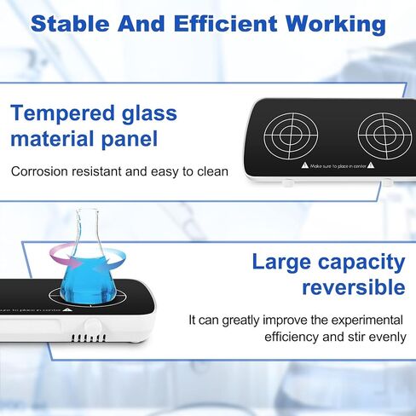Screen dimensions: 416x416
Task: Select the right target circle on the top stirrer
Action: click(385, 136)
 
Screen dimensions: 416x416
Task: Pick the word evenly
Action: click(384, 338)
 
